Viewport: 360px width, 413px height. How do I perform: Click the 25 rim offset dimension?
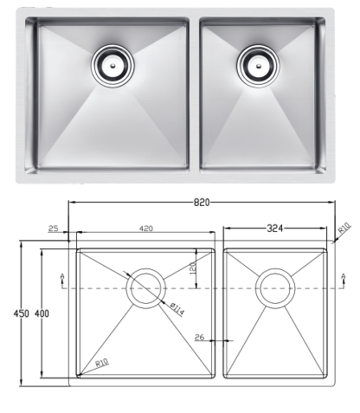pos(55,229)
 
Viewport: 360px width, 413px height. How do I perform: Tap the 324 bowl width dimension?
pos(276,229)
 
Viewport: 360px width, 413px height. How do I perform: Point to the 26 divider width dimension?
pos(200,337)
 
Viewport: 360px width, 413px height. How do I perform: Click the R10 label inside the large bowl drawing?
pos(101,364)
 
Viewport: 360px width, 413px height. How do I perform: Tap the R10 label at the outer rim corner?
pos(344,228)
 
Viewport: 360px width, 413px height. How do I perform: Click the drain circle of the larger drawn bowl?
pos(145,286)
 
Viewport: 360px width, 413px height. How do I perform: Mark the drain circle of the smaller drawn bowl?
pos(276,286)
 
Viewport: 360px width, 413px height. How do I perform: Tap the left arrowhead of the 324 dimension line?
pos(226,229)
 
